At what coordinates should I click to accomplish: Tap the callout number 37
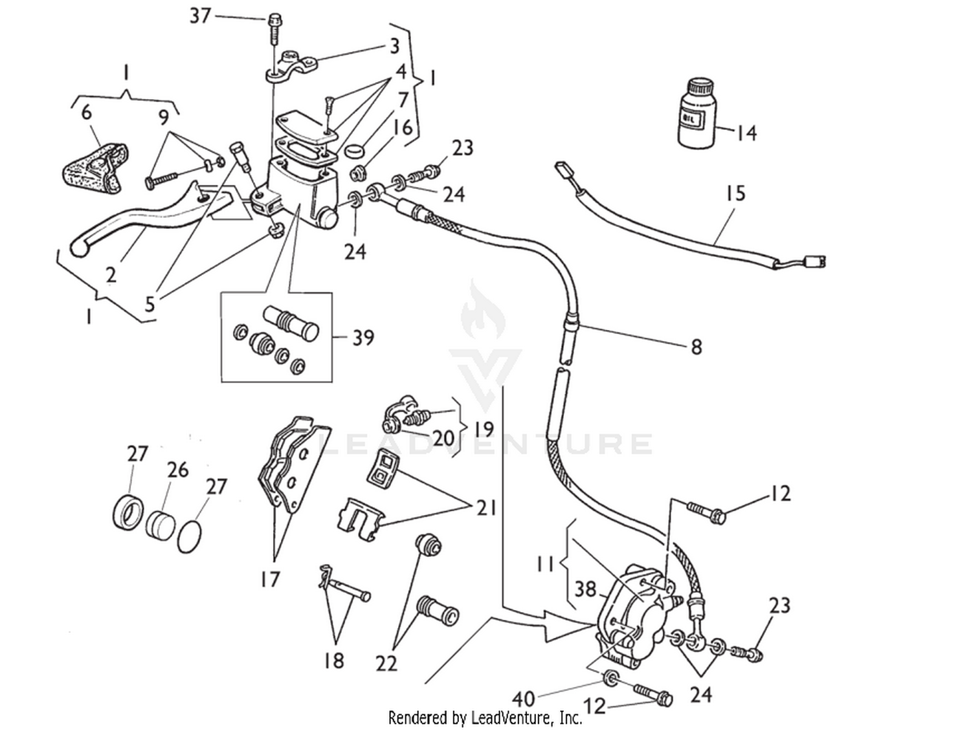(200, 15)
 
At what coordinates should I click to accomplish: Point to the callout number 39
(363, 337)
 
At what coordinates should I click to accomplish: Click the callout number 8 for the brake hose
(696, 347)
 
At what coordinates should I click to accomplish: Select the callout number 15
(735, 193)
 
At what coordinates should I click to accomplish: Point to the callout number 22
(386, 663)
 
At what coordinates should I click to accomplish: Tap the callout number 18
(334, 661)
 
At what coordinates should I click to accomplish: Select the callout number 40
(523, 699)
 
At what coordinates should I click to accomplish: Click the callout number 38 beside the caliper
(585, 589)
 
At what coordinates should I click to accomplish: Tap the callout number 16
(403, 127)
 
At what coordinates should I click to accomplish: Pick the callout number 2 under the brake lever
(111, 274)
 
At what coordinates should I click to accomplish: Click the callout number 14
(746, 133)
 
